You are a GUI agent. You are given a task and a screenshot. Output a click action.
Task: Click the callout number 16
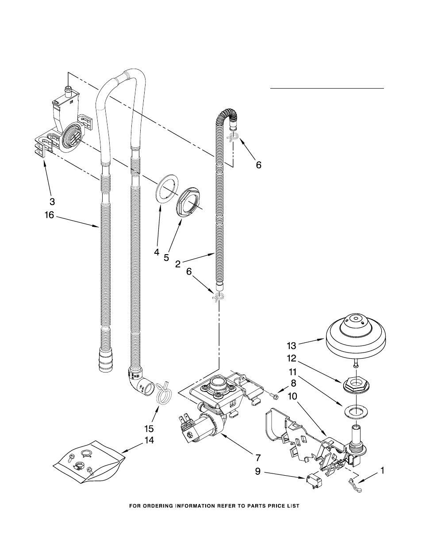tap(49, 215)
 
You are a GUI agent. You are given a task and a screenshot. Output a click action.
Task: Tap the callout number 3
tap(52, 201)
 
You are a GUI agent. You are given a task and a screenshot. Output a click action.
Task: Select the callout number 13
tap(292, 346)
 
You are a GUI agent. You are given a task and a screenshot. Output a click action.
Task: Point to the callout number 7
tap(258, 458)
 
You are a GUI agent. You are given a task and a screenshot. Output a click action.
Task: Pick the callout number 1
tap(382, 470)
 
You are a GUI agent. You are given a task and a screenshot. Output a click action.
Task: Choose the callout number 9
tap(258, 471)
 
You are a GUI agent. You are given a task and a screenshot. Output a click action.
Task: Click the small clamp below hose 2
tap(219, 297)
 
